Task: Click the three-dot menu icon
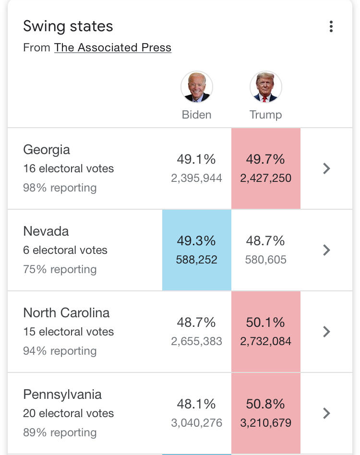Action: [331, 26]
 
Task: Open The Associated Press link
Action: [112, 48]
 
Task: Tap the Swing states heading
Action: [68, 26]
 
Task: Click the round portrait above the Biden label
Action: [197, 87]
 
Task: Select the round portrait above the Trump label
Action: [266, 87]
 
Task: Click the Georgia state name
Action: [47, 150]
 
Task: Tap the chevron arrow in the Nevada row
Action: [326, 250]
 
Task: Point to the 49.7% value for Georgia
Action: [265, 159]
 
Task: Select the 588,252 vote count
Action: [197, 260]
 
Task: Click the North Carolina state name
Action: [66, 313]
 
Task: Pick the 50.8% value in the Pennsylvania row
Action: [265, 404]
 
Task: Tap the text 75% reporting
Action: [60, 269]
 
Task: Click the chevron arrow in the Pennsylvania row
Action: [326, 413]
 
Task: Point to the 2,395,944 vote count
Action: [197, 178]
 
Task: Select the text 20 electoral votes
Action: [69, 413]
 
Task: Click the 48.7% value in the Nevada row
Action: [265, 240]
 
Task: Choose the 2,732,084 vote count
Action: [265, 341]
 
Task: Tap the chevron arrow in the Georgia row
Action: [326, 168]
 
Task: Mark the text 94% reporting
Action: [60, 351]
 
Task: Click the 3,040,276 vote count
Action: [197, 423]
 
